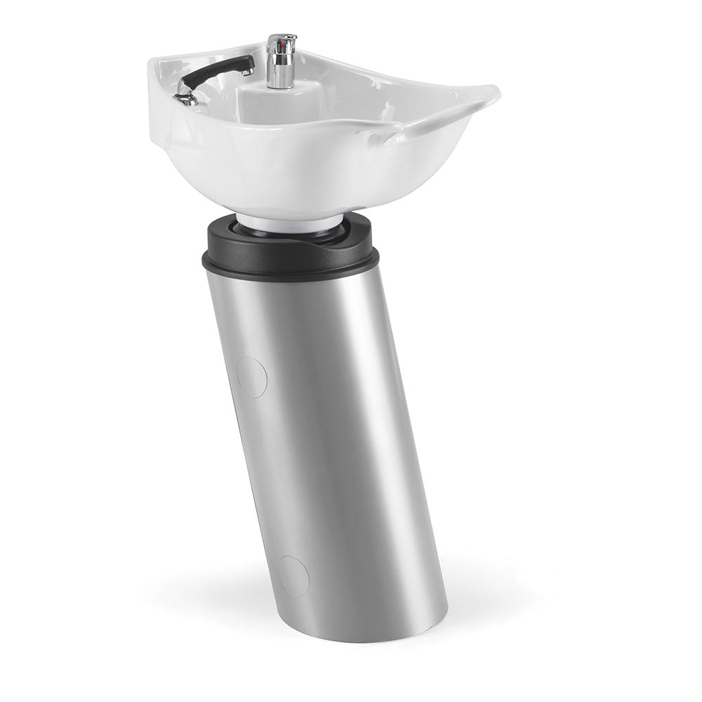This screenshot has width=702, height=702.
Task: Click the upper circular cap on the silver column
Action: tap(251, 377)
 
